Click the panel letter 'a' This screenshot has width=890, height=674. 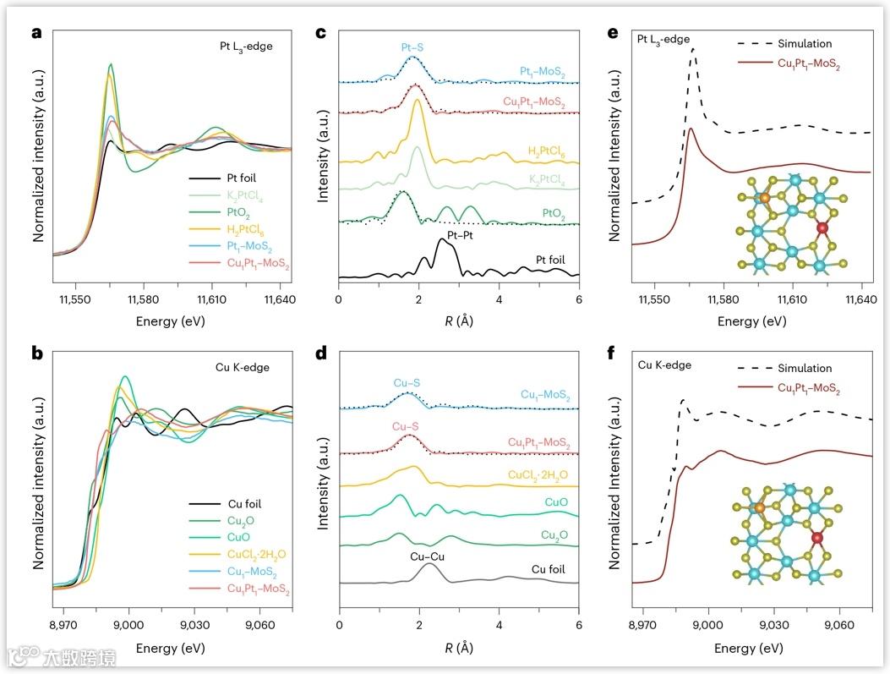pos(36,34)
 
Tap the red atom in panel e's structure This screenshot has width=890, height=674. pos(823,228)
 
